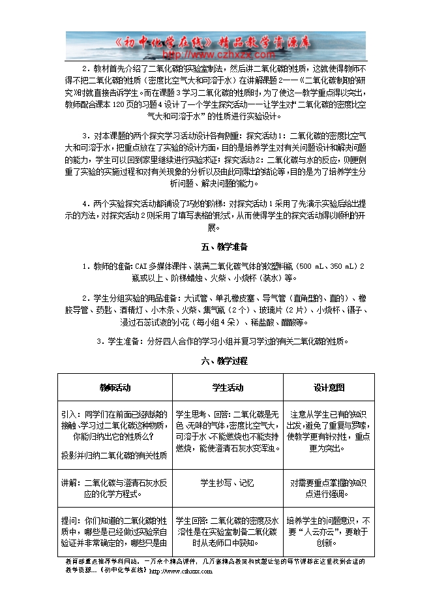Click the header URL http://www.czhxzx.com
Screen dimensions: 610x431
206,55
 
